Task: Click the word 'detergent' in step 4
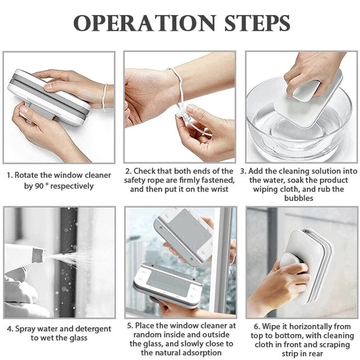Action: click(x=91, y=329)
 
